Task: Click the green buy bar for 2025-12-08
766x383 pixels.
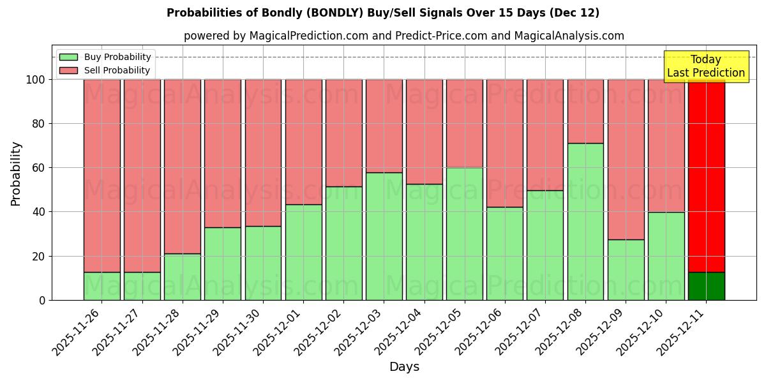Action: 585,222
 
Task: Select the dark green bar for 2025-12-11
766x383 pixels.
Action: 706,286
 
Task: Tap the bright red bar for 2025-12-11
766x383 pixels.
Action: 706,176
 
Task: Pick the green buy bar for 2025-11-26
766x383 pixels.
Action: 101,286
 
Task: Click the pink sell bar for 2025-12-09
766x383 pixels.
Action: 626,160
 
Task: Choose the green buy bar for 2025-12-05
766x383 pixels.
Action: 464,234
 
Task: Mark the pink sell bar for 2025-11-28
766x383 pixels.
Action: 182,166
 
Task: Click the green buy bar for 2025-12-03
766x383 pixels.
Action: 384,236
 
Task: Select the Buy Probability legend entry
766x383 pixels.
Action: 105,57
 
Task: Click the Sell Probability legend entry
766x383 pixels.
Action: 105,70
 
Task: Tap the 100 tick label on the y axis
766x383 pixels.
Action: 35,80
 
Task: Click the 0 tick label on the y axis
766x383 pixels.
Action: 42,300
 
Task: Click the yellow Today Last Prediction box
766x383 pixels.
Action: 705,66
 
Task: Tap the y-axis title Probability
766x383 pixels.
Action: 16,174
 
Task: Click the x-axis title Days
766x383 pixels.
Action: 404,367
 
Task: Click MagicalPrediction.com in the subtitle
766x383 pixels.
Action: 308,36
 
